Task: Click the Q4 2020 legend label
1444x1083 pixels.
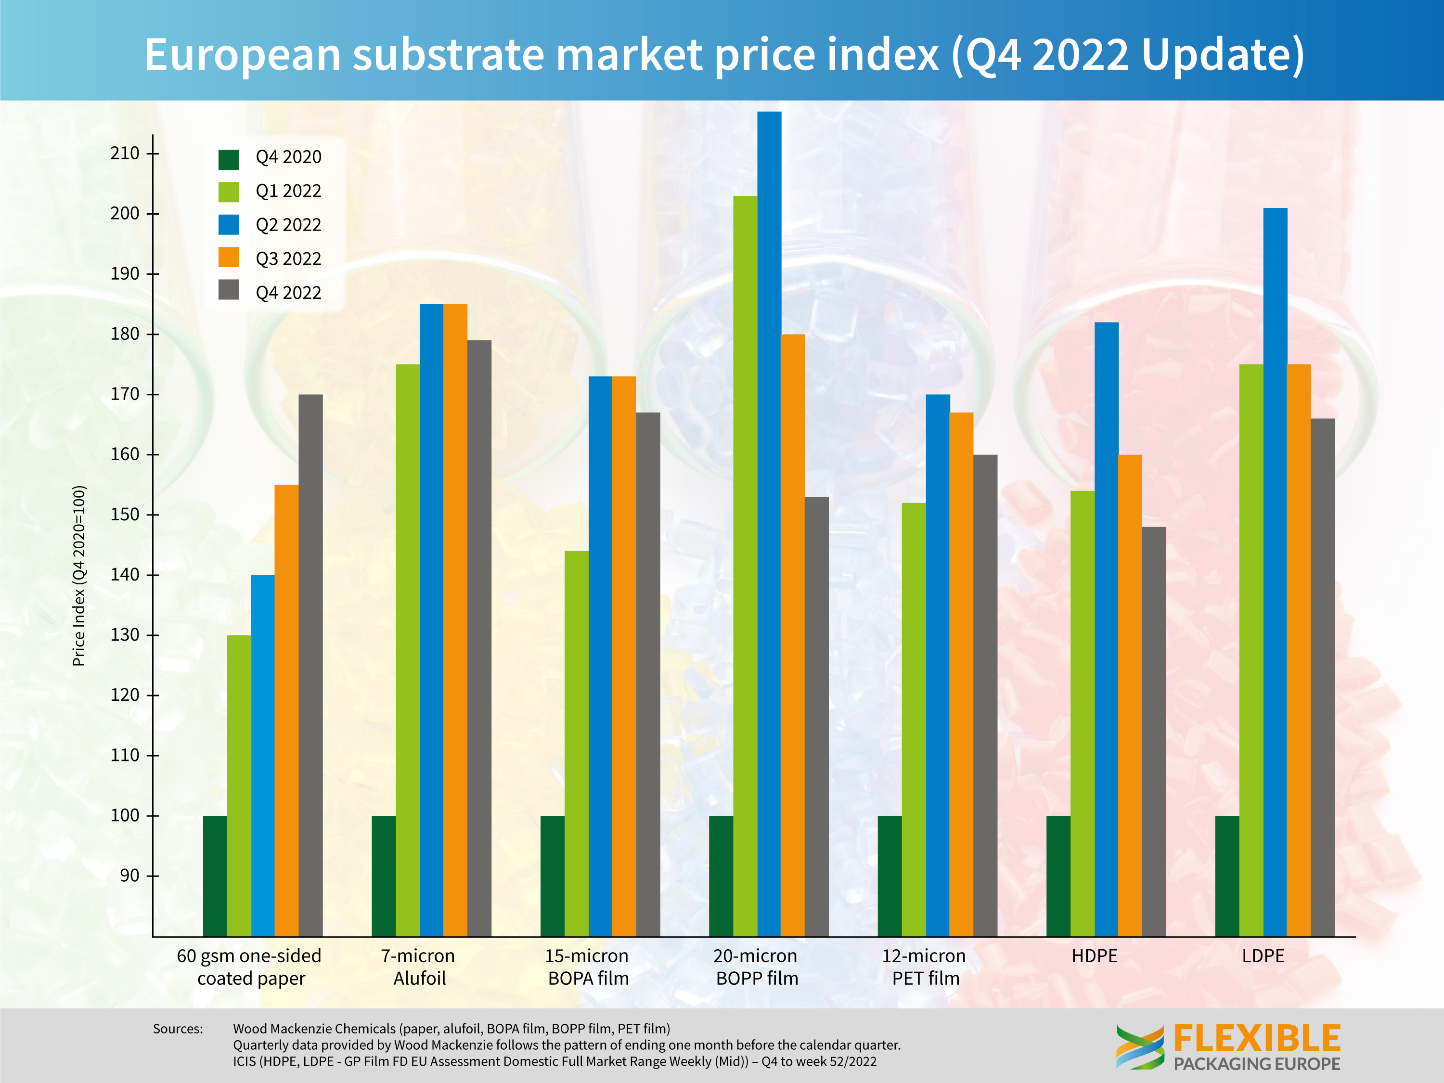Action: coord(288,157)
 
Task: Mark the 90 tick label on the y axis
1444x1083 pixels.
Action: coord(129,876)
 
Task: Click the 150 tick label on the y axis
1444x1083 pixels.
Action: coord(125,515)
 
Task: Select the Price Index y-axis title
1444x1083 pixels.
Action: coord(79,576)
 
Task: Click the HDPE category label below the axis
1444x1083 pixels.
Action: coord(1094,956)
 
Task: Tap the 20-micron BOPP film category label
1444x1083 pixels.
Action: coord(756,967)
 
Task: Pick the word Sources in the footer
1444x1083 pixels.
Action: coord(178,1029)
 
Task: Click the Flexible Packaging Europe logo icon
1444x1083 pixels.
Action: coord(1139,1046)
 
